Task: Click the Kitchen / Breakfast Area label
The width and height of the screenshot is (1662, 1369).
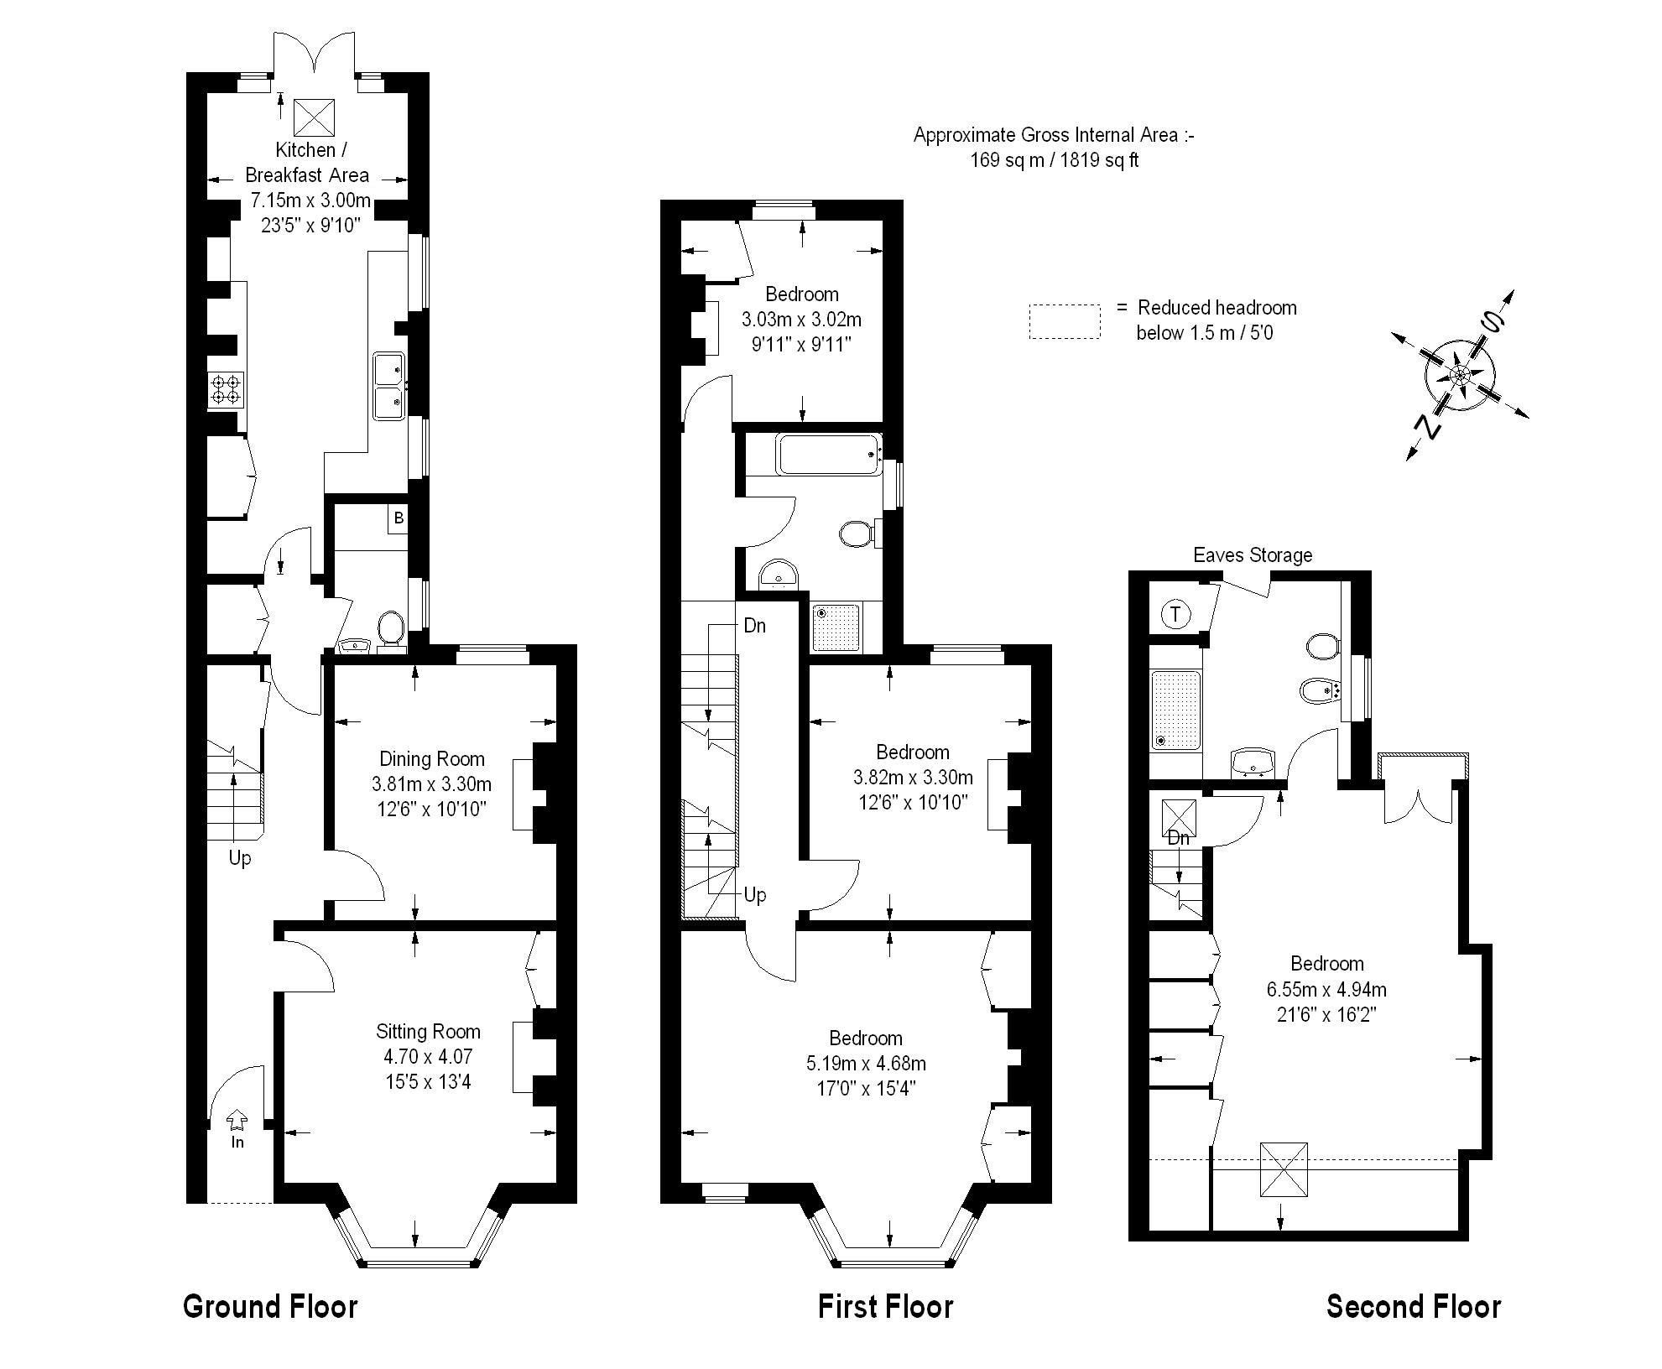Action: [x=307, y=162]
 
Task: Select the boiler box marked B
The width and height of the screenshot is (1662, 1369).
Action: [x=399, y=518]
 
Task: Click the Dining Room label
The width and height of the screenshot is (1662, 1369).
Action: [x=431, y=759]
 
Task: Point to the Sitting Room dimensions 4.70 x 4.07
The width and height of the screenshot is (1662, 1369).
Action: [x=428, y=1057]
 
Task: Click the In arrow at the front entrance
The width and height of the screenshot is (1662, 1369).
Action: [x=237, y=1122]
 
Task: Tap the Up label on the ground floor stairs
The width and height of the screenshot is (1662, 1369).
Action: [x=240, y=858]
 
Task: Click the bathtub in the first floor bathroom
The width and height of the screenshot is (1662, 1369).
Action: [x=829, y=454]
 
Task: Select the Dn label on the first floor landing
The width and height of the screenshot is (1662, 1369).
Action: [x=754, y=626]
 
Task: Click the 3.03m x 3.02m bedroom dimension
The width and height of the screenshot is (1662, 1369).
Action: [x=801, y=320]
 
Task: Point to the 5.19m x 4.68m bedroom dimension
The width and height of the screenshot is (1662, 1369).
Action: [x=866, y=1064]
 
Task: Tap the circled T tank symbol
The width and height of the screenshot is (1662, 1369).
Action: [x=1176, y=615]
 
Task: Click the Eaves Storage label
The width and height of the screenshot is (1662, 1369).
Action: [x=1252, y=554]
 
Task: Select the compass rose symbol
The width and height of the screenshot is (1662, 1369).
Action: [x=1461, y=375]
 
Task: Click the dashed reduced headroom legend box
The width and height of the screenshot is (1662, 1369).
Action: [x=1065, y=321]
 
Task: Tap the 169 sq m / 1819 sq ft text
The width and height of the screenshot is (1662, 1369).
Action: [x=1054, y=160]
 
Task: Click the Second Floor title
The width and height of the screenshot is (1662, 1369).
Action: [x=1413, y=1306]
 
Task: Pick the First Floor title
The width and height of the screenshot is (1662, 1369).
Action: [x=885, y=1306]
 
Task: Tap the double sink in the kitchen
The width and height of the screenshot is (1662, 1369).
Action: [x=389, y=385]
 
